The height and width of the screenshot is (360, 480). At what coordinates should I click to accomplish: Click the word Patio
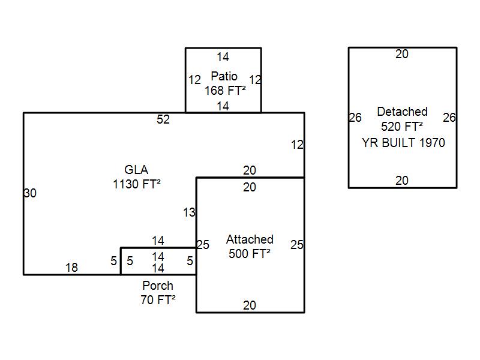[224, 76]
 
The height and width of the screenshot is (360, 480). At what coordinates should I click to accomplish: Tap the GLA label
[136, 170]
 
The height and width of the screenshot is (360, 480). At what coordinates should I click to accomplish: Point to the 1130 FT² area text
[137, 184]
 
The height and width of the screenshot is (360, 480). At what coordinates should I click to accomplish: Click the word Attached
[250, 239]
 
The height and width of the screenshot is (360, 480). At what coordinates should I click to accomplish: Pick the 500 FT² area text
[250, 253]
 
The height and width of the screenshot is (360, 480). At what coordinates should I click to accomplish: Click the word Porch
[158, 286]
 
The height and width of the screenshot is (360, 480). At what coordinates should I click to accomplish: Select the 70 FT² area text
[158, 300]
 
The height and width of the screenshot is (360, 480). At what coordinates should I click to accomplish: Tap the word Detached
[402, 112]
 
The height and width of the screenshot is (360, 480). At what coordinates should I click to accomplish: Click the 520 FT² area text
[402, 126]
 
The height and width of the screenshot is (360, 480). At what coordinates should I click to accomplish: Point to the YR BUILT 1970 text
[403, 143]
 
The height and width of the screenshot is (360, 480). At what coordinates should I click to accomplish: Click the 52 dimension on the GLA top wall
[163, 119]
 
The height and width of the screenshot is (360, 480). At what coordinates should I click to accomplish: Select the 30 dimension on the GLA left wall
[30, 193]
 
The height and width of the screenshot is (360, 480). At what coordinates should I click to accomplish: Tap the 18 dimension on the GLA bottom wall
[71, 268]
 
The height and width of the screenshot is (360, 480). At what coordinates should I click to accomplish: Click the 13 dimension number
[189, 212]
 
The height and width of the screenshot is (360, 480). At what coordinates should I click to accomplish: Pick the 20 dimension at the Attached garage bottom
[250, 305]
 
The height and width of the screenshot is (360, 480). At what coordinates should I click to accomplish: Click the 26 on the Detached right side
[449, 118]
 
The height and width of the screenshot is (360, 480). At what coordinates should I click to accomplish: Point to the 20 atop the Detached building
[402, 54]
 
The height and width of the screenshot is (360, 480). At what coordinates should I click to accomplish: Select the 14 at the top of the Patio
[223, 57]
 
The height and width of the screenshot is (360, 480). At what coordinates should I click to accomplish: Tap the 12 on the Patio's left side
[194, 80]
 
